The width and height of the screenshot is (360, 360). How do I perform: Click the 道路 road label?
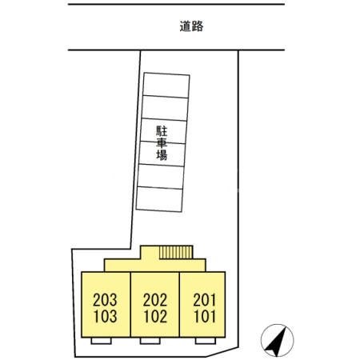[x=192, y=26]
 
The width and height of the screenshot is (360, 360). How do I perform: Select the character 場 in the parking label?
[x=161, y=156]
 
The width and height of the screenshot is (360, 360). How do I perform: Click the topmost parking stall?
[x=166, y=86]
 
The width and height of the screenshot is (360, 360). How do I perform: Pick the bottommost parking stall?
[x=160, y=198]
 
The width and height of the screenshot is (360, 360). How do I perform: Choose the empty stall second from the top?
[x=166, y=108]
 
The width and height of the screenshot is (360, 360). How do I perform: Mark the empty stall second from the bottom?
[x=162, y=176]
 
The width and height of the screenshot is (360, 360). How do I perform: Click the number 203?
[x=106, y=301]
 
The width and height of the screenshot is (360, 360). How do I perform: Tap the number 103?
[x=106, y=315]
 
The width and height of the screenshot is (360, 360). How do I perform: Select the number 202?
[x=155, y=301]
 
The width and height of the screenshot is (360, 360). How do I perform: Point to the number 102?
[x=155, y=315]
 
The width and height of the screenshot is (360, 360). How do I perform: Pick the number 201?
[x=205, y=301]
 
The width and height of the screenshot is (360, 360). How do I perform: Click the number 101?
[x=205, y=315]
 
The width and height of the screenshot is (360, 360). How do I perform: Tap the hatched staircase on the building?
[x=175, y=252]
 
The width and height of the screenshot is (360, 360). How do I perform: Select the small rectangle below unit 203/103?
[x=101, y=342]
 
